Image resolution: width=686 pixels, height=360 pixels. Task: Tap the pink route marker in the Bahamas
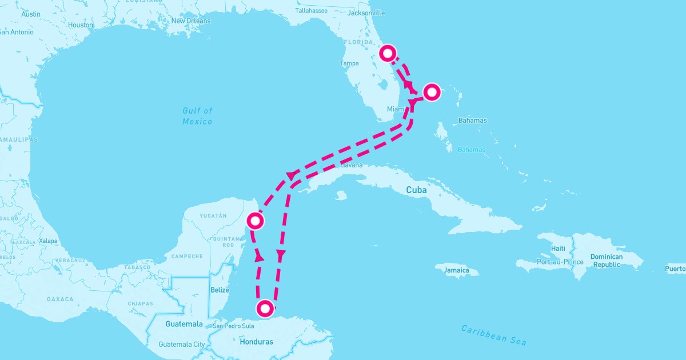432,91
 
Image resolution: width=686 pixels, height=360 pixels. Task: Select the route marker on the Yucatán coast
255,220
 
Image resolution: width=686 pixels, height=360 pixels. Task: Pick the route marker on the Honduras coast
265,309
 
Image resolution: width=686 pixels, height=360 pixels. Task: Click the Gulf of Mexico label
197,116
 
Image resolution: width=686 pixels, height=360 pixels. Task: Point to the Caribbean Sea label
494,335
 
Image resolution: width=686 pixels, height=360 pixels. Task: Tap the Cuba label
416,190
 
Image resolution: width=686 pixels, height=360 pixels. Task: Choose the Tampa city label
349,63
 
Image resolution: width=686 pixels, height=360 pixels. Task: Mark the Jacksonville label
366,13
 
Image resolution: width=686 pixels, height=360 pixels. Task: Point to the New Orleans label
191,21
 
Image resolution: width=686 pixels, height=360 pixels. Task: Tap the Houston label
81,25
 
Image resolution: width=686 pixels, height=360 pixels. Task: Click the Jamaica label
456,270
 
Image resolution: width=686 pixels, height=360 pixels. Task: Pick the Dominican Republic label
607,261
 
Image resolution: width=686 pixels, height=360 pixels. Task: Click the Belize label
220,290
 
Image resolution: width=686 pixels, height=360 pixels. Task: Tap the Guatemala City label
181,345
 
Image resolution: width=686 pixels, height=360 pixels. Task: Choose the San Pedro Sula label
233,326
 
